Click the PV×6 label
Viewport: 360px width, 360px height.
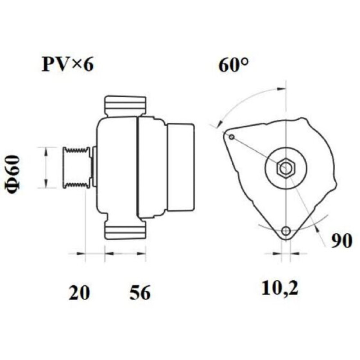(68, 64)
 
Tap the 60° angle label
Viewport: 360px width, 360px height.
(234, 65)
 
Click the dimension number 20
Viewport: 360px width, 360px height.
(79, 292)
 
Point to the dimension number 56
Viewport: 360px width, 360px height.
(140, 292)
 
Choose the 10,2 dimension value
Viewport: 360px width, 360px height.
(280, 288)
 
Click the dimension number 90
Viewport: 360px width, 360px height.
(342, 241)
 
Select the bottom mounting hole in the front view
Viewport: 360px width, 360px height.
(286, 230)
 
